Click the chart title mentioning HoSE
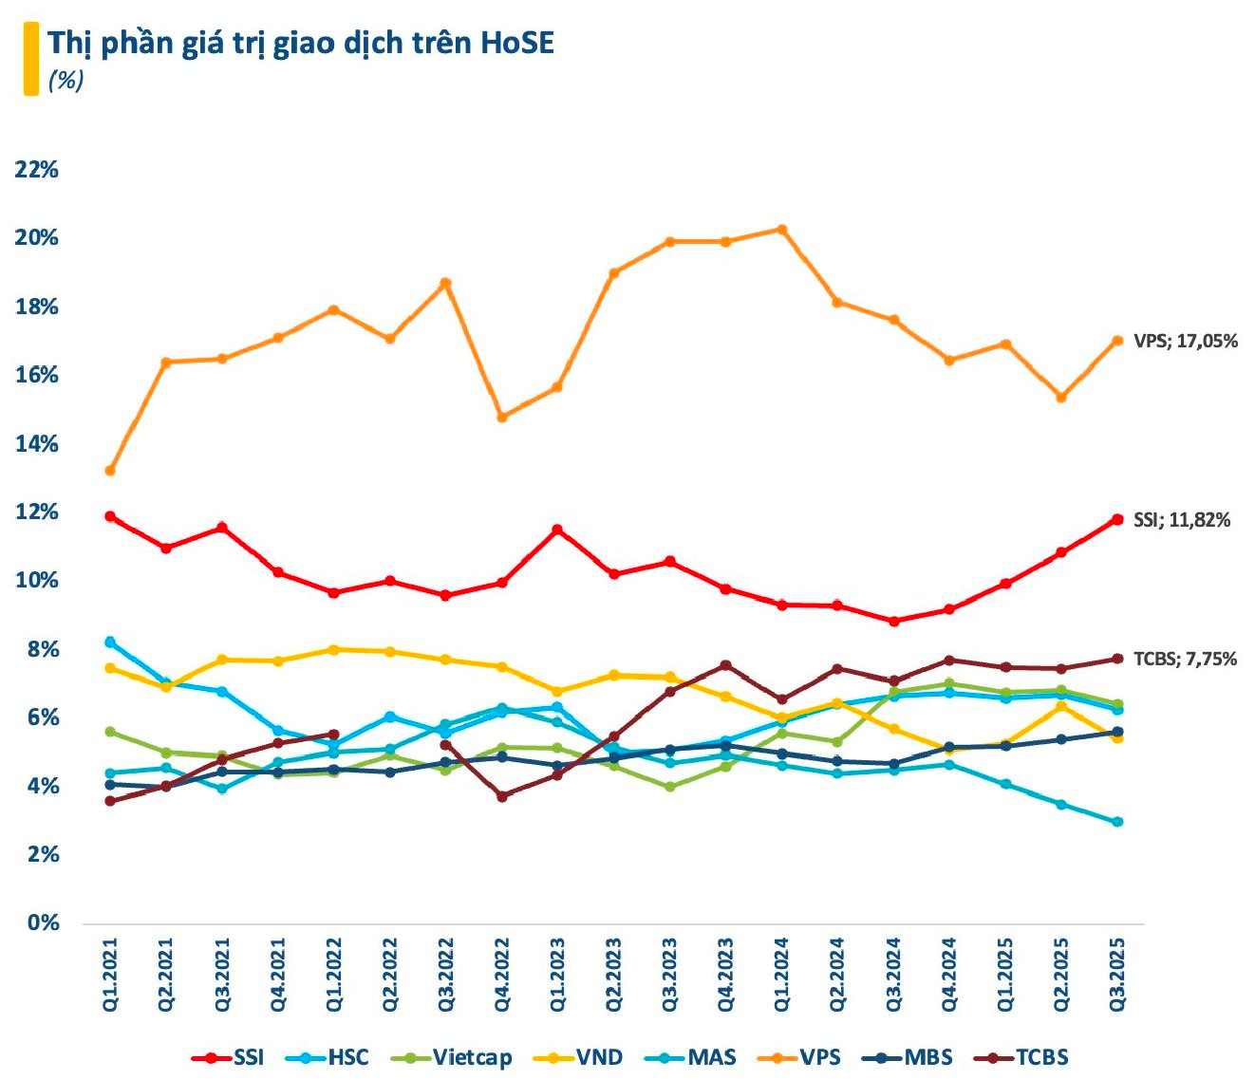click(300, 43)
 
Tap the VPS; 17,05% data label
click(1186, 341)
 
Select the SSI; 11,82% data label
click(1182, 520)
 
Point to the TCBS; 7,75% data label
click(1185, 659)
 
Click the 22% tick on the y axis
click(37, 170)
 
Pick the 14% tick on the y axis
click(37, 444)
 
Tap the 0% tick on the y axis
click(43, 922)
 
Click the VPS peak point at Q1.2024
click(781, 230)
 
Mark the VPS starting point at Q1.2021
click(110, 471)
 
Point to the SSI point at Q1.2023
click(558, 530)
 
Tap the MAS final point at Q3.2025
click(1117, 822)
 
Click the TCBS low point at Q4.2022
click(502, 796)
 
